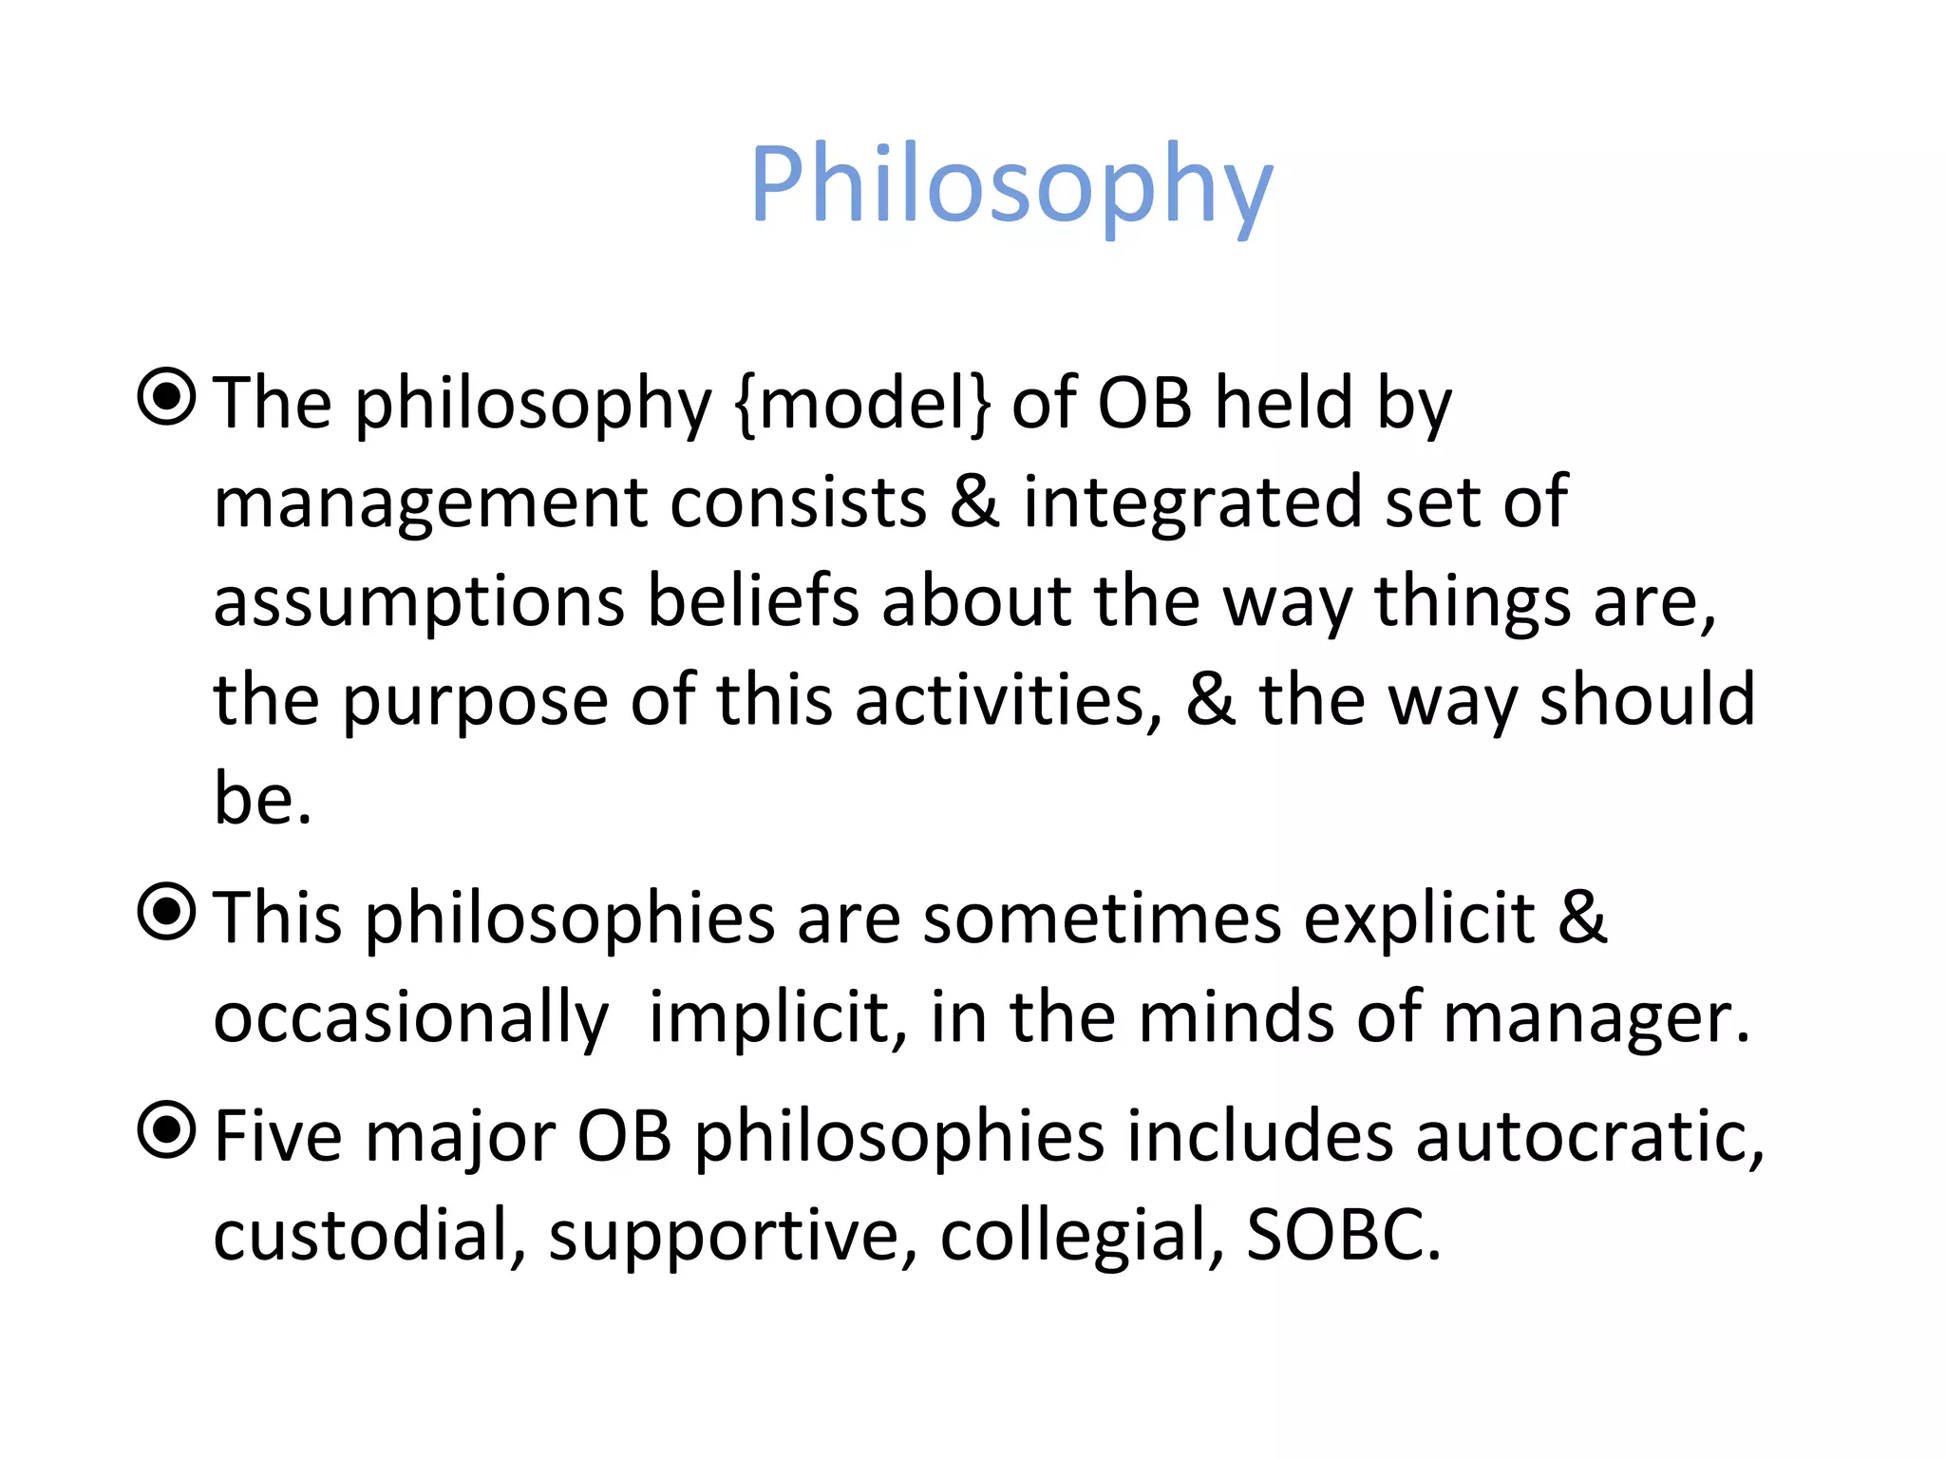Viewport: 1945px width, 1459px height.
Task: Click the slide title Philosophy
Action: [x=1010, y=185]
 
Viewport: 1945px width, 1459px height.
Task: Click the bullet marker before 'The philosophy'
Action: [x=167, y=397]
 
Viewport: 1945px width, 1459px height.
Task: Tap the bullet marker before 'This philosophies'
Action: [x=167, y=912]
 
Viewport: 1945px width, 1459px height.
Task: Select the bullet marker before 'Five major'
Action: [x=167, y=1130]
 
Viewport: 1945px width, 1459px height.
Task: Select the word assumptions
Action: [x=418, y=604]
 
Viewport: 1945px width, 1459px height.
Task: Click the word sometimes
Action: [x=1102, y=919]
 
